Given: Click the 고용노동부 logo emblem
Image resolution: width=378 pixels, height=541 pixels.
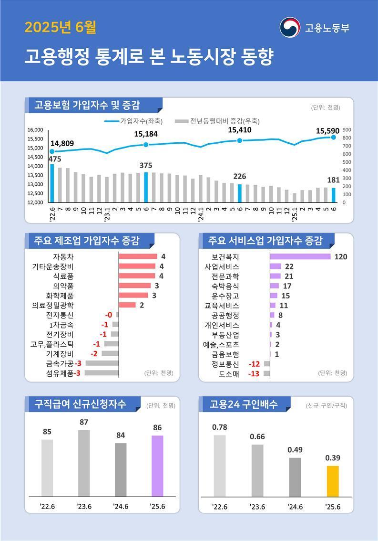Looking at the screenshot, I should (x=290, y=27).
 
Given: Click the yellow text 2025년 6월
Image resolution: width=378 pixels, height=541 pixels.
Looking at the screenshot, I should (x=60, y=27).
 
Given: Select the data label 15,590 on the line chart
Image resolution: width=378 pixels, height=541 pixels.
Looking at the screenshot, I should (x=327, y=130).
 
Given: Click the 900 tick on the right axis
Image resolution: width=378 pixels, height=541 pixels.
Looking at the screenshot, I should (x=347, y=130).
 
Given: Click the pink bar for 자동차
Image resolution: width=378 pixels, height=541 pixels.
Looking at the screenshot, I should (x=138, y=256).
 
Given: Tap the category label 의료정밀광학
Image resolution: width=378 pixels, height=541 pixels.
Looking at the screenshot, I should (x=53, y=305).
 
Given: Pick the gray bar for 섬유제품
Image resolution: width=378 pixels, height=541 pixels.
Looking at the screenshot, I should (x=102, y=373).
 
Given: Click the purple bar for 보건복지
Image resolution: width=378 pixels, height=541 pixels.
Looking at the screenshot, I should (x=300, y=256).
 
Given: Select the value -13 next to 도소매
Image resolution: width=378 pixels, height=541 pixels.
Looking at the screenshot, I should (x=254, y=373).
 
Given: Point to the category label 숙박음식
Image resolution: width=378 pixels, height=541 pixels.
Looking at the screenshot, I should (x=225, y=286).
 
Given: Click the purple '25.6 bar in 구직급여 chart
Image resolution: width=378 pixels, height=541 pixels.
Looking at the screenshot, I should (x=157, y=466).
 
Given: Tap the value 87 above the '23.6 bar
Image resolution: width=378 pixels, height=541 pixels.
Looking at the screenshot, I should (x=83, y=422).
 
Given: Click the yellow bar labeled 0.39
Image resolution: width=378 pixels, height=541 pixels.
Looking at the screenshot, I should (x=333, y=481).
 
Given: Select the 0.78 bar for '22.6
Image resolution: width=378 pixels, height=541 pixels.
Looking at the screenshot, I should (x=220, y=466).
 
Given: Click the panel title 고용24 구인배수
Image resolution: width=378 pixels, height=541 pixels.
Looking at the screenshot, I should (x=243, y=404).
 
